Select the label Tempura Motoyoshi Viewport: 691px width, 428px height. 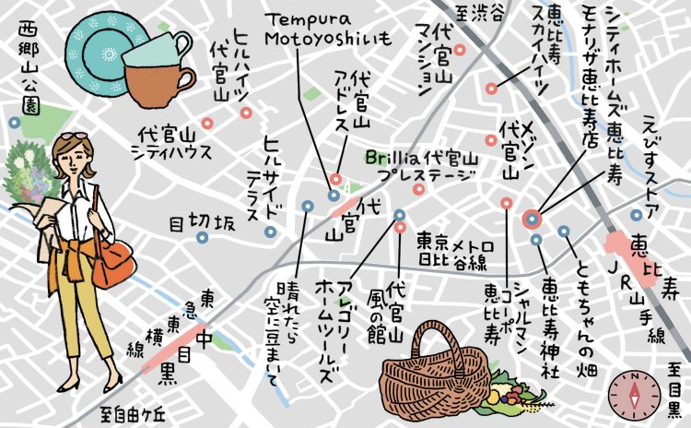point(326,29)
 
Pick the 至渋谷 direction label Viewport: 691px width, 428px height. point(480,13)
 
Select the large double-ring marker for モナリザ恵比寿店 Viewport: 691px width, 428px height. point(532,220)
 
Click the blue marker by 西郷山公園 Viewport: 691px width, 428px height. point(14,122)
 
